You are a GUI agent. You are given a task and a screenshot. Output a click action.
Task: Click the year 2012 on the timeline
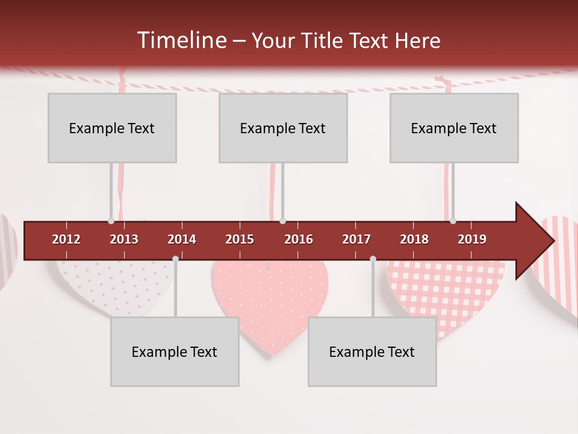point(66,239)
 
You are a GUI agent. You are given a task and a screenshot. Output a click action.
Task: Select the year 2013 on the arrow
point(124,239)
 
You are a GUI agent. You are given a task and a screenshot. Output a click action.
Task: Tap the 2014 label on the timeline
point(182,239)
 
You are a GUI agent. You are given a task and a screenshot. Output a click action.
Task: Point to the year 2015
point(240,239)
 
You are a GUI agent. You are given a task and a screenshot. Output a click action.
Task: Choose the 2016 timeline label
point(299,239)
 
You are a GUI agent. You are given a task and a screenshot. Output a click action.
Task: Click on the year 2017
point(356,239)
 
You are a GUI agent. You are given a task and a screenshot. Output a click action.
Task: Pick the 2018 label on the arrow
point(414,239)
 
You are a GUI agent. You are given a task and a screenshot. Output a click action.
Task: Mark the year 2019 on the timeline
point(472,239)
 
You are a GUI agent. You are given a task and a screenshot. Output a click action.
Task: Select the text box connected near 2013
point(112,128)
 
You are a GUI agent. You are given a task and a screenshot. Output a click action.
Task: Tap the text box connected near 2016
point(283,128)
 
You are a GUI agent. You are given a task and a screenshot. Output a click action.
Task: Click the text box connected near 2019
point(454,128)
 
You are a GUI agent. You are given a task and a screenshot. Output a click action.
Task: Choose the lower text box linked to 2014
point(175,351)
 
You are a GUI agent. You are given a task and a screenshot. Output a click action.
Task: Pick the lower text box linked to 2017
point(372,351)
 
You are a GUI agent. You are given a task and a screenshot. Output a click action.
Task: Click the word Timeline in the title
point(181,40)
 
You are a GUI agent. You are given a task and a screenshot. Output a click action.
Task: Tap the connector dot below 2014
point(175,259)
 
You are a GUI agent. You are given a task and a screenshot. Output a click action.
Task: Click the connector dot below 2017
point(373,259)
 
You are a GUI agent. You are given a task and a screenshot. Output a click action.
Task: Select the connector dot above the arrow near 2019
point(453,221)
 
